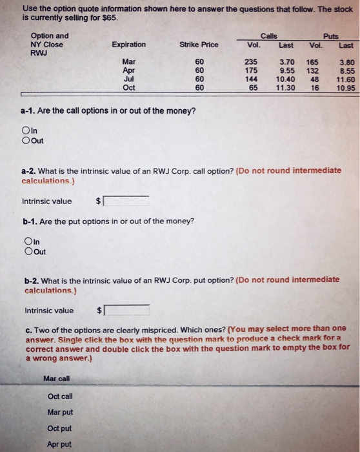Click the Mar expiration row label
point(129,61)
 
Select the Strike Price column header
point(199,45)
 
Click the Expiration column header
point(128,45)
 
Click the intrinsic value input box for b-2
point(126,310)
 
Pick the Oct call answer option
point(60,396)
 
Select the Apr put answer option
point(59,444)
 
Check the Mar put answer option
point(60,412)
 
